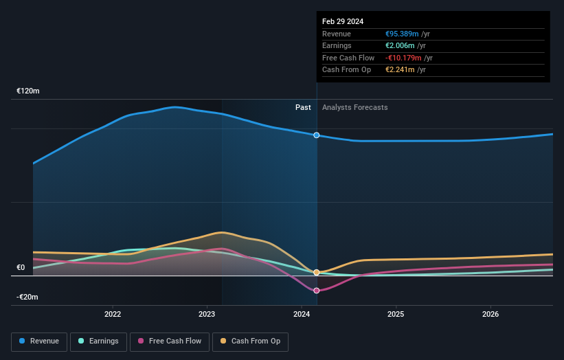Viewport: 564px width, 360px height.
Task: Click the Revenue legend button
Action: pos(39,341)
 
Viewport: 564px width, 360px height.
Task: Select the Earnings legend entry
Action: pos(98,341)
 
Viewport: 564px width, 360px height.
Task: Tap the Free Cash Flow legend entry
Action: pos(169,341)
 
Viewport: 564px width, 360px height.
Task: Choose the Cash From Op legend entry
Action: pos(250,341)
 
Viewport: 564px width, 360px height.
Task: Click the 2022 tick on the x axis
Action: pos(113,315)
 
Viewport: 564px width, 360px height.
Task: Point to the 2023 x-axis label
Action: pos(207,315)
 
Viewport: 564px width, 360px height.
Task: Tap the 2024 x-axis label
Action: pos(301,315)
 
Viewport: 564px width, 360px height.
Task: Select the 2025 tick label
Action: pos(396,315)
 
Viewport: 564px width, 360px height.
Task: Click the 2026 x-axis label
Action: pos(490,315)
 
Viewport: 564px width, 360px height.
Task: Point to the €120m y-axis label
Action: pos(28,91)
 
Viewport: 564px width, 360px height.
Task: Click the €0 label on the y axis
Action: pos(21,268)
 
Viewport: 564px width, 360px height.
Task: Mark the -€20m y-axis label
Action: pos(27,297)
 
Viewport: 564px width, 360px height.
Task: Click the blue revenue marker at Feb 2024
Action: pos(317,135)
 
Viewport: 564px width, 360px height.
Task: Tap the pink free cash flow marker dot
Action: pos(317,291)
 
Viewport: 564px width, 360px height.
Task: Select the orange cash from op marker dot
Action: pos(317,273)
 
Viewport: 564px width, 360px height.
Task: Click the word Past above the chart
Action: pos(303,107)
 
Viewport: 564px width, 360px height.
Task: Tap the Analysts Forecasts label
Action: pos(354,107)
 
